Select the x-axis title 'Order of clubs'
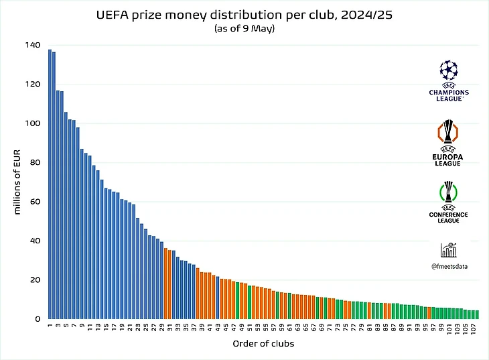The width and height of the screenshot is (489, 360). click(x=260, y=345)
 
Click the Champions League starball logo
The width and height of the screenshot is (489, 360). click(x=449, y=70)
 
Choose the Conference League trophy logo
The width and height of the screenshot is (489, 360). click(x=449, y=192)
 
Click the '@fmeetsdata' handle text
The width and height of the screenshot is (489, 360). click(x=449, y=266)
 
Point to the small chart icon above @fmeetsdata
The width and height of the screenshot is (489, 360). click(x=449, y=250)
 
